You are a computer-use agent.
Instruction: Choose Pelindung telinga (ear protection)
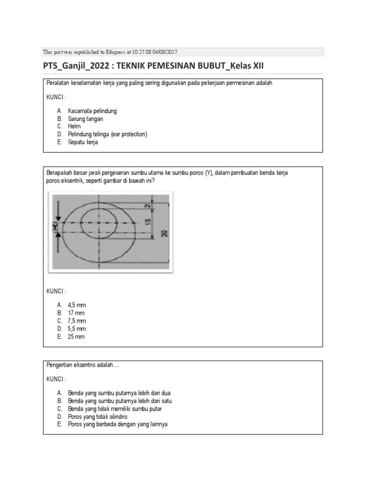tap(107, 134)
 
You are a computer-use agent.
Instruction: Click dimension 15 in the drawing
tap(148, 222)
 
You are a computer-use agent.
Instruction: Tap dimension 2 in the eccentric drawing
tap(148, 205)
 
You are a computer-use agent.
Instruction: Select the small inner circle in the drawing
tap(99, 223)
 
